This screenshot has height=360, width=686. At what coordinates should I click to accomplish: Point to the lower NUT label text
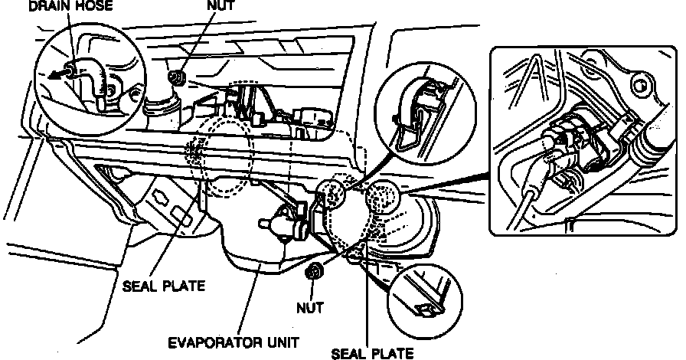pyautogui.click(x=309, y=308)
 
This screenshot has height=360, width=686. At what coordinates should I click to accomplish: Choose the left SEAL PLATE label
pyautogui.click(x=163, y=287)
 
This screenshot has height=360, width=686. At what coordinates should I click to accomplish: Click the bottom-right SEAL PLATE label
pyautogui.click(x=372, y=353)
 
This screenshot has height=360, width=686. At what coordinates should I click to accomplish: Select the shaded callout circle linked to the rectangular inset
pyautogui.click(x=383, y=198)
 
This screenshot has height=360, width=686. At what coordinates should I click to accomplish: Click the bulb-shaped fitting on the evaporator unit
pyautogui.click(x=272, y=224)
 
